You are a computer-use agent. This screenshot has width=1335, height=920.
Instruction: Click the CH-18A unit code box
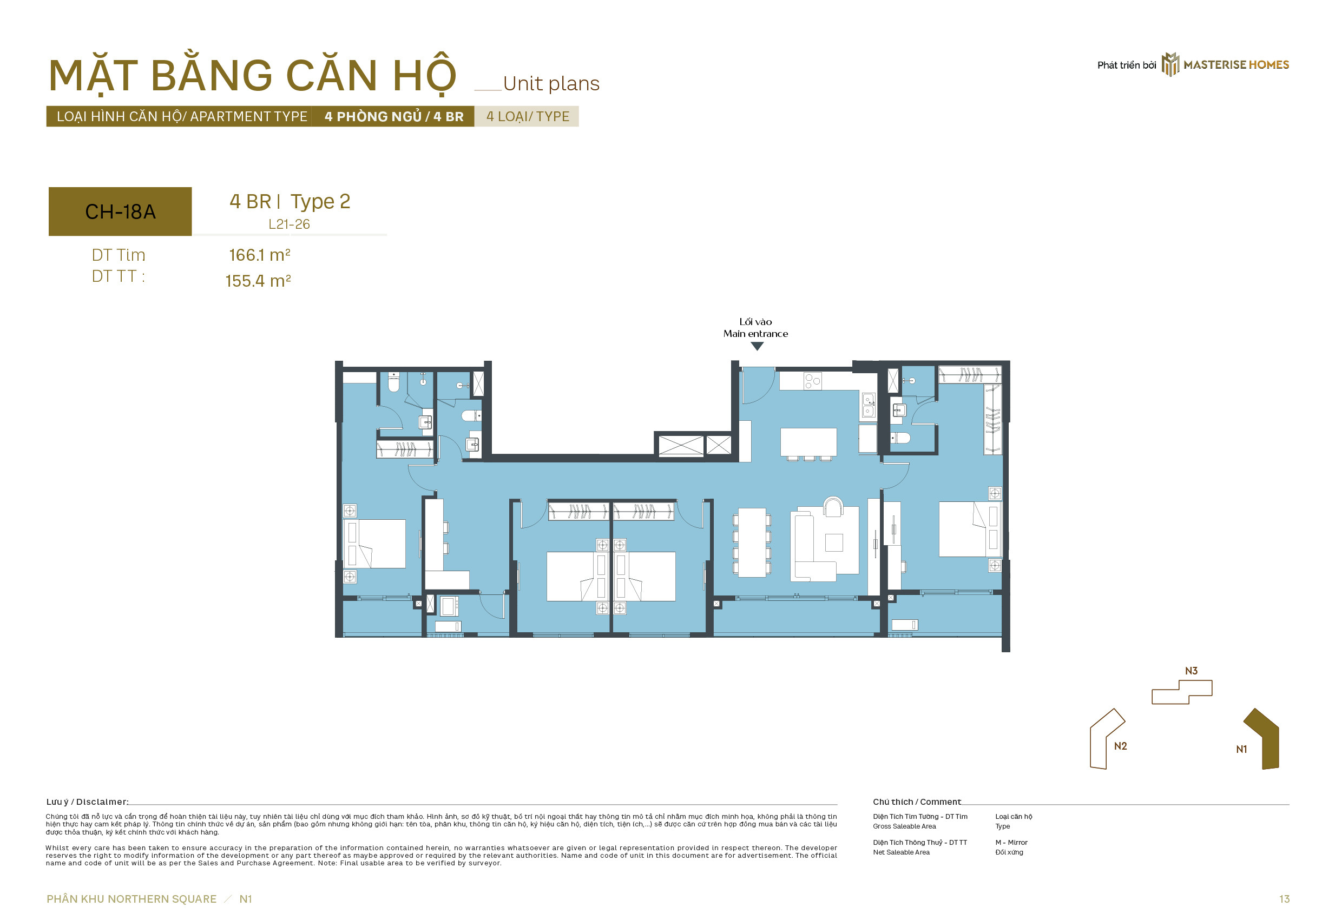[x=120, y=211]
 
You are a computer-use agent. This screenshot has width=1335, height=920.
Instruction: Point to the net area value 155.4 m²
[x=258, y=281]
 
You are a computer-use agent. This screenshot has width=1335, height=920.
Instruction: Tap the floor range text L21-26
[x=289, y=224]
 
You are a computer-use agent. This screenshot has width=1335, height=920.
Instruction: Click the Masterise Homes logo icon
[x=1170, y=64]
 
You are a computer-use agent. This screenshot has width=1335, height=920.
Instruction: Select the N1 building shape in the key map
[x=1263, y=739]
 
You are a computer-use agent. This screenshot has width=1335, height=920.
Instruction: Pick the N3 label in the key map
[x=1191, y=671]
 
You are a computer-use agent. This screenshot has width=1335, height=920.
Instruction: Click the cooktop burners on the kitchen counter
[x=813, y=380]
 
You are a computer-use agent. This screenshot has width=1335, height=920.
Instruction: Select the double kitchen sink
[x=869, y=405]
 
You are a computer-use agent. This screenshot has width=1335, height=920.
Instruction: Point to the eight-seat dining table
[x=752, y=542]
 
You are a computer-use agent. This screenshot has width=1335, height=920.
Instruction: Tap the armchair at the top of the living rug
[x=833, y=506]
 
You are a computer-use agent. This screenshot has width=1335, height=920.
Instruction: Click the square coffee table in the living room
[x=834, y=543]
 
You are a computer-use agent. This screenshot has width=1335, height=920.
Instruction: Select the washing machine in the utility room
[x=449, y=606]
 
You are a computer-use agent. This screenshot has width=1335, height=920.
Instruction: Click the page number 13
[x=1284, y=899]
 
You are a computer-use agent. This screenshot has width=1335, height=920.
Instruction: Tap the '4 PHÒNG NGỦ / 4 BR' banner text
[x=394, y=116]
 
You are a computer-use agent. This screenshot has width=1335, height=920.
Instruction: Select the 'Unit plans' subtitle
[x=551, y=84]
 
